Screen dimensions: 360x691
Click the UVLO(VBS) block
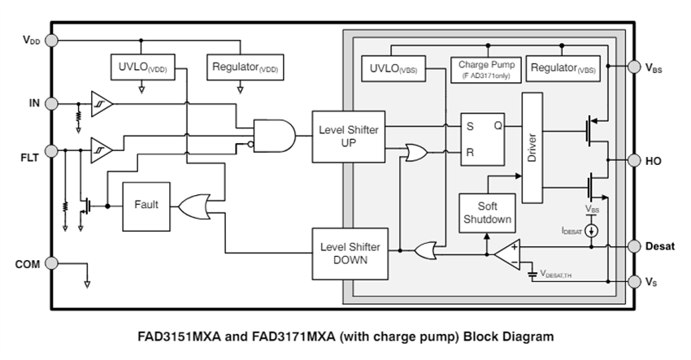pyautogui.click(x=393, y=69)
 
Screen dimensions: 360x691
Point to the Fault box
pyautogui.click(x=146, y=206)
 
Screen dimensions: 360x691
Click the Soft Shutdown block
pyautogui.click(x=486, y=212)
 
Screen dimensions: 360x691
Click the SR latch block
pyautogui.click(x=483, y=138)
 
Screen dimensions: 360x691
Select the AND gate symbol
pyautogui.click(x=273, y=136)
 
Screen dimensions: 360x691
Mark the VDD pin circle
pyautogui.click(x=51, y=40)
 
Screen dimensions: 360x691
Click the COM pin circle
pyautogui.click(x=51, y=262)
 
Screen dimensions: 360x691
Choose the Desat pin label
pyautogui.click(x=659, y=245)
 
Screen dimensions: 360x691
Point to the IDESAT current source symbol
pyautogui.click(x=592, y=231)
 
